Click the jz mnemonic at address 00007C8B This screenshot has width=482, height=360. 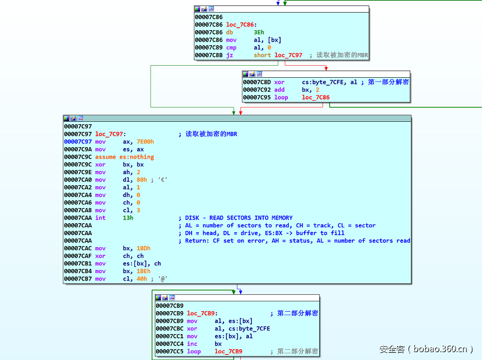tap(229, 55)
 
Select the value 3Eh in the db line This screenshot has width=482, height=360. tap(258, 33)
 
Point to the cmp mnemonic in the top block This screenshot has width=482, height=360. tap(231, 48)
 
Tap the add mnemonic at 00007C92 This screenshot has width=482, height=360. tap(280, 90)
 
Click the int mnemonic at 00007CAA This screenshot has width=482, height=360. tap(100, 218)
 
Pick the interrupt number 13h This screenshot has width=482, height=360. tap(128, 218)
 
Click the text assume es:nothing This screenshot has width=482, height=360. tap(124, 157)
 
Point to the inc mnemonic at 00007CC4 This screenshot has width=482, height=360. tap(192, 344)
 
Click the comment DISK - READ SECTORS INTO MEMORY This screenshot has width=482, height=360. tap(239, 218)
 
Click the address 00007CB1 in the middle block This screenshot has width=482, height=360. tap(77, 264)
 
